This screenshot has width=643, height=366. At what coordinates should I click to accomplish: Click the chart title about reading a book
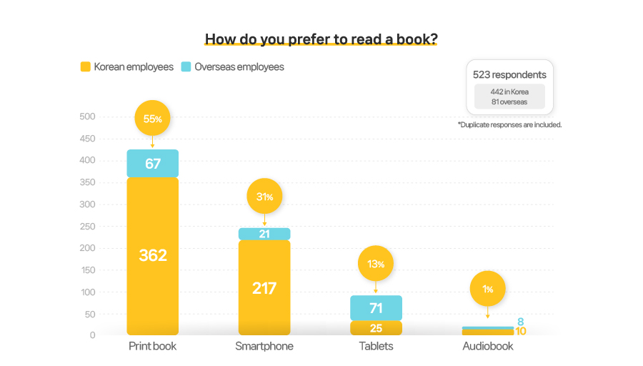(x=321, y=39)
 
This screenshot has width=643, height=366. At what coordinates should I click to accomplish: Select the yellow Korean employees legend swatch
(x=85, y=67)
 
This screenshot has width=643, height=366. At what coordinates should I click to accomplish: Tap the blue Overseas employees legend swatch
(x=186, y=67)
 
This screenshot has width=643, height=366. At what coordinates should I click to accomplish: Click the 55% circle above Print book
(x=152, y=119)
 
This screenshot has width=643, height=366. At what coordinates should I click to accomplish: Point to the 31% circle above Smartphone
(x=264, y=197)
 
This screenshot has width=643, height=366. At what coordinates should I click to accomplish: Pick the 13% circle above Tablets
(x=376, y=264)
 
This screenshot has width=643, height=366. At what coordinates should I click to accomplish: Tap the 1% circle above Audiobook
(x=487, y=289)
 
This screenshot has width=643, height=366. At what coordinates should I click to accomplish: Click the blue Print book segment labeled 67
(x=152, y=164)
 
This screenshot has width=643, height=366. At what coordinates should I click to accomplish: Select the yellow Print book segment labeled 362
(x=152, y=255)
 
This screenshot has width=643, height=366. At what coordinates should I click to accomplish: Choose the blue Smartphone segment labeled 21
(x=264, y=234)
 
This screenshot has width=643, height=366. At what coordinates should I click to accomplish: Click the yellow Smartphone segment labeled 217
(x=264, y=288)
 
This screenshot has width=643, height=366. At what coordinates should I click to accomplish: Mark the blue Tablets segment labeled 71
(x=376, y=308)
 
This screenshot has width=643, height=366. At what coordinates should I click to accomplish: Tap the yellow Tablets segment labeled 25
(x=376, y=328)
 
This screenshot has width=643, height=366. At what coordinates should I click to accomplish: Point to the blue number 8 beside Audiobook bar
(x=520, y=322)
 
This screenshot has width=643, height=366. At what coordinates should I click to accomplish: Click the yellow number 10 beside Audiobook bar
(x=520, y=331)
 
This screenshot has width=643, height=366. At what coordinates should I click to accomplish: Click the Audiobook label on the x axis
(x=487, y=347)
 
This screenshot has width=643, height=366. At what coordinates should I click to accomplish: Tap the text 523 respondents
(x=509, y=74)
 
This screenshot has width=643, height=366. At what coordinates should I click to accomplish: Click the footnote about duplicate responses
(x=509, y=124)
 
